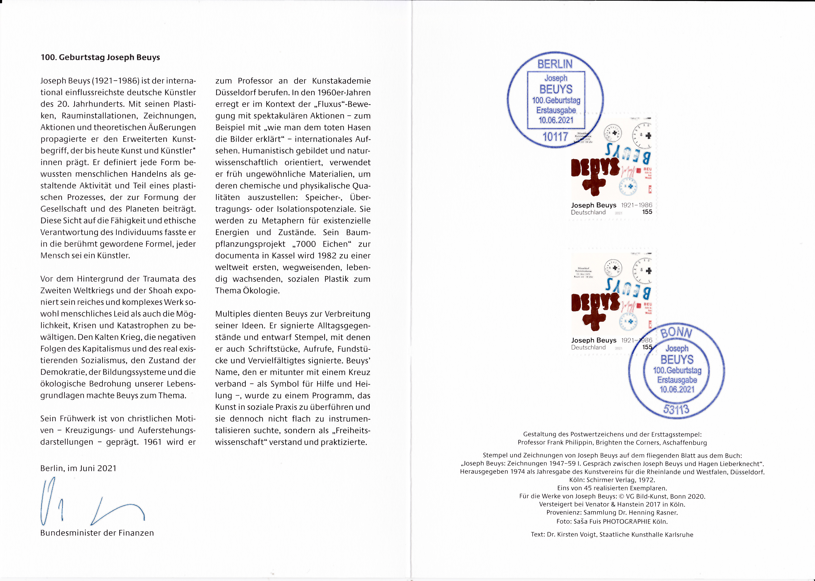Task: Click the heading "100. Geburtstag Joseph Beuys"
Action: (x=100, y=57)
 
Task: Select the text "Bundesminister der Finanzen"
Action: (x=97, y=533)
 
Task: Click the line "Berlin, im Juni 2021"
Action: (x=78, y=468)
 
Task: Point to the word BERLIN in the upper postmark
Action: (x=555, y=64)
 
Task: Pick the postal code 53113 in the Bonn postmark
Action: (x=676, y=409)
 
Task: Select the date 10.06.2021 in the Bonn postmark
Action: (x=677, y=389)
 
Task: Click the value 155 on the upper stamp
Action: (x=647, y=212)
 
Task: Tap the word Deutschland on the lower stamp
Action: (x=588, y=347)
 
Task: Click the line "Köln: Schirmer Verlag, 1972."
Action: (x=612, y=480)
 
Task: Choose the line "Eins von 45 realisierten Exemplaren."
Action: (x=612, y=488)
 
